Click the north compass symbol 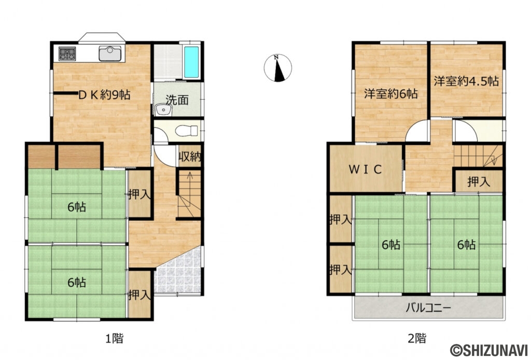point(278,68)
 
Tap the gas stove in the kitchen point(67,53)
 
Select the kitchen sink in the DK point(110,53)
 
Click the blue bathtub point(191,62)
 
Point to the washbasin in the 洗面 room point(164,109)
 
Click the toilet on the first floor point(187,130)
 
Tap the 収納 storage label point(190,157)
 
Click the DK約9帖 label point(104,95)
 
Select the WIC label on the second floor point(366,169)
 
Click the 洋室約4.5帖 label point(466,81)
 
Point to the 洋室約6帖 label point(391,93)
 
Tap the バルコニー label point(428,308)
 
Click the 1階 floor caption point(115,338)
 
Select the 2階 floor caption point(417,338)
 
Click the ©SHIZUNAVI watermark point(489,350)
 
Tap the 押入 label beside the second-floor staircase point(479,182)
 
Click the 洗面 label point(177,100)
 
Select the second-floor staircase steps point(478,156)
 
